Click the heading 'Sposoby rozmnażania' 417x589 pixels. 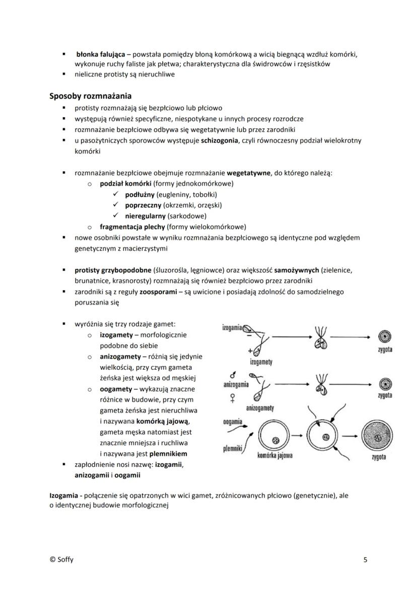(x=91, y=96)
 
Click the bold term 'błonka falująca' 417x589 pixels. (x=101, y=54)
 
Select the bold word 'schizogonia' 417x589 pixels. (x=220, y=141)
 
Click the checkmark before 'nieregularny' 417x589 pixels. (x=116, y=216)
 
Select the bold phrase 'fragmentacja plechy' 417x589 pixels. (x=132, y=227)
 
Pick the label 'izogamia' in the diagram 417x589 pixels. (x=232, y=327)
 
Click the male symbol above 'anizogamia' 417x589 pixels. (x=232, y=375)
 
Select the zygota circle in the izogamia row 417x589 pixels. (x=385, y=336)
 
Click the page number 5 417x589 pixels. (x=365, y=559)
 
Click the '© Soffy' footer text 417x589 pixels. (x=61, y=559)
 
